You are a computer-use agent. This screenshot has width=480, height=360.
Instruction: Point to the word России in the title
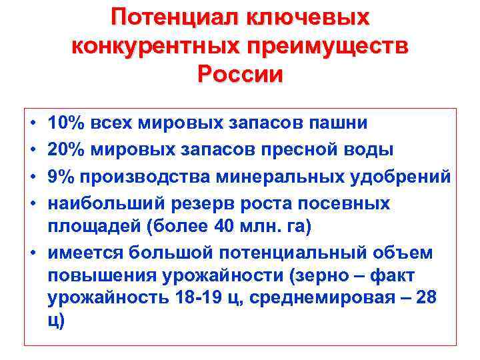[240, 74]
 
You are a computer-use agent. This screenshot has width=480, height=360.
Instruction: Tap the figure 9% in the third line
[60, 177]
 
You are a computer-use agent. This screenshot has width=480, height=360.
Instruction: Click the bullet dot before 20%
[33, 150]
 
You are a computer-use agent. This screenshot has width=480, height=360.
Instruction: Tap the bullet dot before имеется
[33, 253]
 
